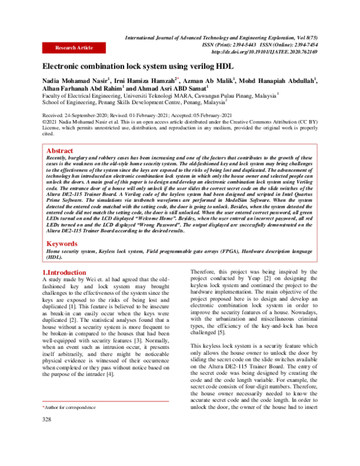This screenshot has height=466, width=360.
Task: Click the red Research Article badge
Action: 73,47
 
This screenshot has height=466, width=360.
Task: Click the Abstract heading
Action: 60,150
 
